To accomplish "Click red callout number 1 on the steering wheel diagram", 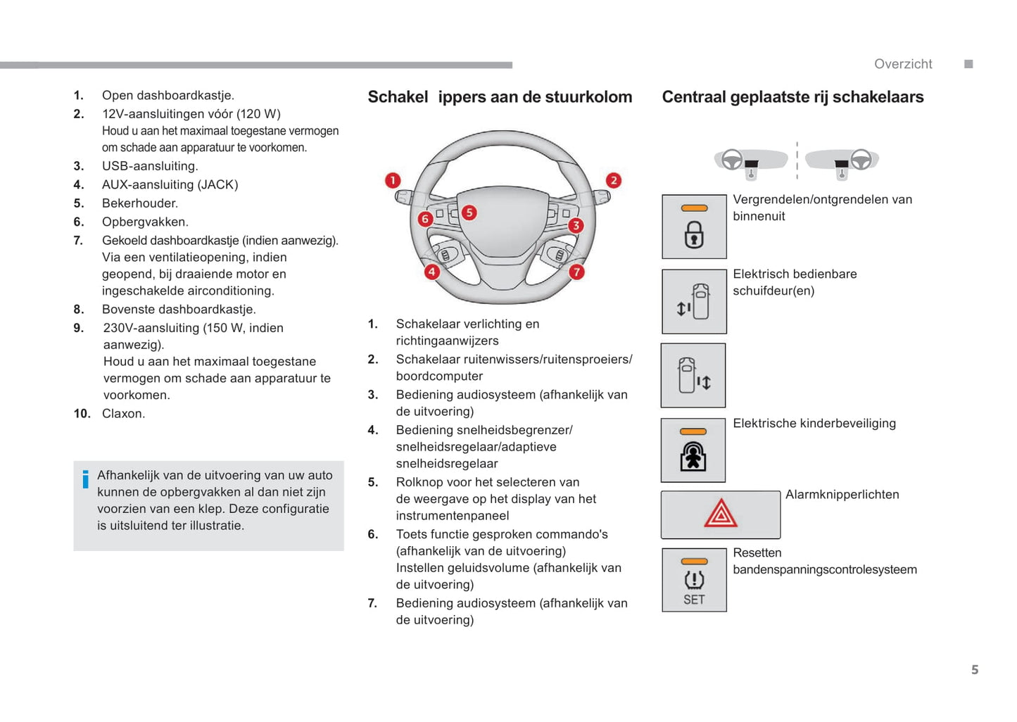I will [393, 181].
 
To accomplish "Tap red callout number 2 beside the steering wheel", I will [614, 181].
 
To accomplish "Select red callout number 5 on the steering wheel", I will [469, 213].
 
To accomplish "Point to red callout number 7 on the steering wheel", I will [576, 272].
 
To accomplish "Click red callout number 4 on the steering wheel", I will [431, 272].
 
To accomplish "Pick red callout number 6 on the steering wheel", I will [424, 219].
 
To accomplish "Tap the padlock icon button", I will [694, 227].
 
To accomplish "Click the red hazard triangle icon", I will [721, 514].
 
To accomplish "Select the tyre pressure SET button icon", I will [694, 580].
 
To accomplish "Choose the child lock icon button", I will [693, 450].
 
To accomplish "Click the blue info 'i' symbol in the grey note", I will [86, 479].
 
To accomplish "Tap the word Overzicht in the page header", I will [903, 64].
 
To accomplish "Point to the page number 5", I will [975, 670].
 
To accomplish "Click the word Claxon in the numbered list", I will [123, 414].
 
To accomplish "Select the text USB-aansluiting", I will [150, 166].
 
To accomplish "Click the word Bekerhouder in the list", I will [140, 203].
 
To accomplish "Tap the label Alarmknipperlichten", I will [842, 495].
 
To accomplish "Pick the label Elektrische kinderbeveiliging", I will [814, 424].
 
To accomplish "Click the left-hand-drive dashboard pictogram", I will [750, 162].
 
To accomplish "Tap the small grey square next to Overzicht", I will [968, 64].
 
